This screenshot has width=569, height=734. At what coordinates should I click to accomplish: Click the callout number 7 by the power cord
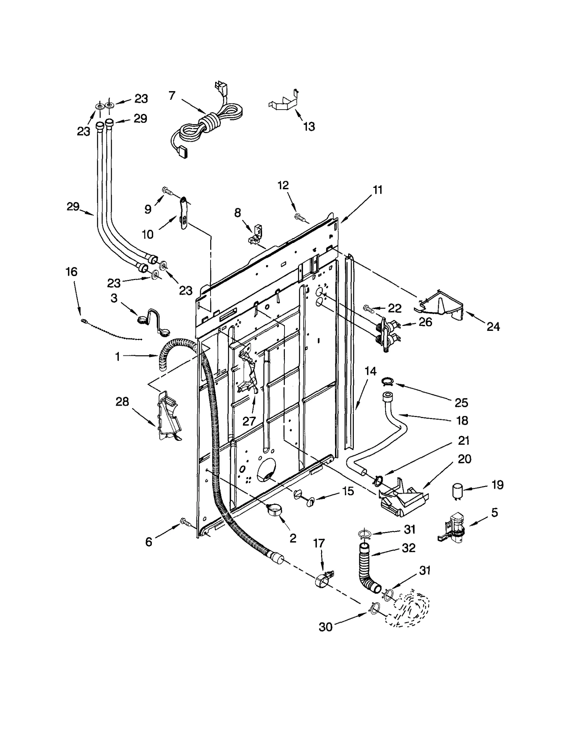172,96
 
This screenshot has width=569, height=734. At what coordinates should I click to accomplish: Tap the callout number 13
309,126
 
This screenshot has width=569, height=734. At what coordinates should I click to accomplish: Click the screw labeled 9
167,191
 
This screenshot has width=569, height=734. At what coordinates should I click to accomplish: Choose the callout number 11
377,190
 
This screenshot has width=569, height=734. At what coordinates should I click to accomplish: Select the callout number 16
71,272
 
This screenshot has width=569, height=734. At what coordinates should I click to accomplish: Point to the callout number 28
122,402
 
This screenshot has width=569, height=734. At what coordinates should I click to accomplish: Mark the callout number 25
461,403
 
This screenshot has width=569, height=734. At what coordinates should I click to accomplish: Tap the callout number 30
325,627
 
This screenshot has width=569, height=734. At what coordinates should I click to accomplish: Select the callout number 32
408,548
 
